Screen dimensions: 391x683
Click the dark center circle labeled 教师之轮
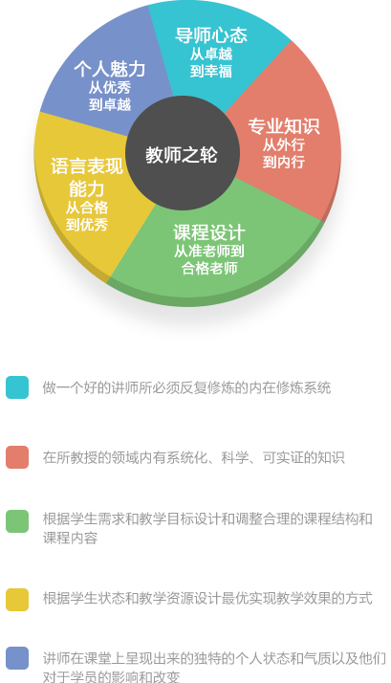pyautogui.click(x=183, y=153)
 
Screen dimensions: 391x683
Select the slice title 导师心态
pyautogui.click(x=210, y=35)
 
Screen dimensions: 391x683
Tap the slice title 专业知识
pyautogui.click(x=284, y=126)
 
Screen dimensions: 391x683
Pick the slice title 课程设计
pyautogui.click(x=209, y=232)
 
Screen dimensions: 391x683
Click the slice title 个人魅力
pyautogui.click(x=110, y=69)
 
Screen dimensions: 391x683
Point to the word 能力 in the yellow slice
pyautogui.click(x=87, y=188)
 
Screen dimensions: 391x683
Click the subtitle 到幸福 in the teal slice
pyautogui.click(x=210, y=71)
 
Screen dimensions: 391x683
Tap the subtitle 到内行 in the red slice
pyautogui.click(x=284, y=162)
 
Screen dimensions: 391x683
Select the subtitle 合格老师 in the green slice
pyautogui.click(x=209, y=268)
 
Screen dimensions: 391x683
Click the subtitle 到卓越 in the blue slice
pyautogui.click(x=110, y=104)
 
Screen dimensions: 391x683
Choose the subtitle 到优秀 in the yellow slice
pyautogui.click(x=87, y=225)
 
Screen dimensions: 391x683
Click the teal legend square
pyautogui.click(x=17, y=387)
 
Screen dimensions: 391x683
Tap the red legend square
pyautogui.click(x=17, y=457)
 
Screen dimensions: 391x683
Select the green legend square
pyautogui.click(x=17, y=521)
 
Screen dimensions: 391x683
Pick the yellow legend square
pyautogui.click(x=17, y=600)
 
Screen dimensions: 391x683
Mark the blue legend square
pyautogui.click(x=17, y=658)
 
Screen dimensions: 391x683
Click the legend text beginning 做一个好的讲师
pyautogui.click(x=186, y=387)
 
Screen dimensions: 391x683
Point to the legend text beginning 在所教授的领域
pyautogui.click(x=194, y=457)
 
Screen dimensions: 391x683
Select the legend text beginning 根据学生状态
pyautogui.click(x=207, y=598)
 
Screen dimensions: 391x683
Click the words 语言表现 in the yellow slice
pyautogui.click(x=87, y=165)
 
